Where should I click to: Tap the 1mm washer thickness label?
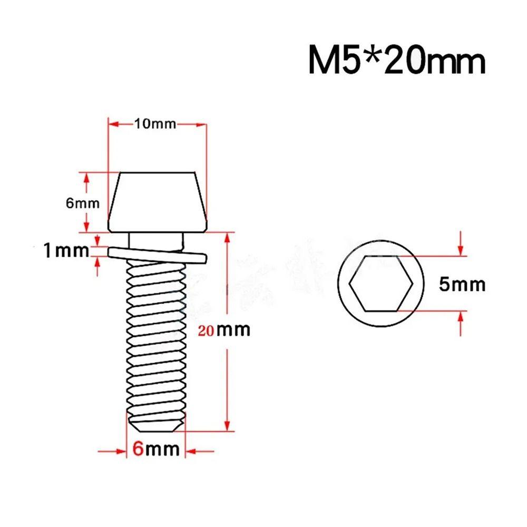tap(66, 251)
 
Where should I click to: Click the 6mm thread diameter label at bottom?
tap(155, 450)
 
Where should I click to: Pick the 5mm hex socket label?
tap(462, 285)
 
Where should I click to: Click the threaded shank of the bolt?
tap(156, 337)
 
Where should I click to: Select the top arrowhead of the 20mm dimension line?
tap(227, 238)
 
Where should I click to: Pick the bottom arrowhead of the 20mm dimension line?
tap(227, 425)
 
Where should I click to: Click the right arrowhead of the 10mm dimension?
tap(200, 124)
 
